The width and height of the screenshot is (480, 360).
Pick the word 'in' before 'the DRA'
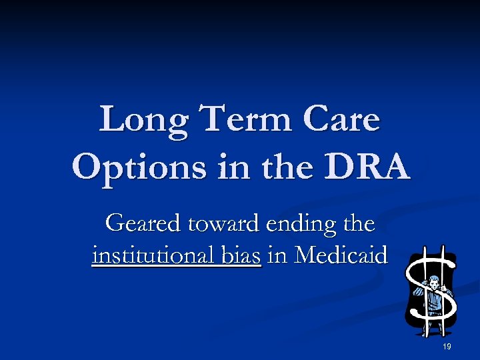tap(231, 167)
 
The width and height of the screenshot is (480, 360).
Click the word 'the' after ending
tap(359, 223)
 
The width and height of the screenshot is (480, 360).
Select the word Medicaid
tap(342, 255)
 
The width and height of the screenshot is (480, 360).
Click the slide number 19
tap(447, 346)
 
